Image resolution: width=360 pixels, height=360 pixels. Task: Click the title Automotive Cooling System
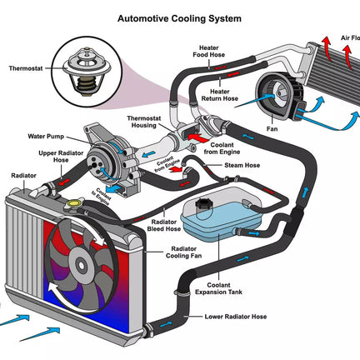click(x=179, y=19)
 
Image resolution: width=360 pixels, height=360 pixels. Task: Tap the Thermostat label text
click(x=26, y=68)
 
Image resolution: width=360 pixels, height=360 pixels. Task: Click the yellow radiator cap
click(x=73, y=203)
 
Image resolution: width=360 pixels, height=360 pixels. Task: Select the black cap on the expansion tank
click(x=204, y=204)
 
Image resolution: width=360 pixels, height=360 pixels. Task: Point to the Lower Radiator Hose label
click(x=236, y=317)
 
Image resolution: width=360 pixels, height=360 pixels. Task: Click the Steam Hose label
click(x=242, y=165)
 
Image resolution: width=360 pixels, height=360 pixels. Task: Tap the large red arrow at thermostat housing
click(x=198, y=137)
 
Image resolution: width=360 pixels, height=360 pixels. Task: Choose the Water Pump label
click(x=46, y=137)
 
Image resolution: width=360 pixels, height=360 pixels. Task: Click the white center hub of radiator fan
click(x=81, y=265)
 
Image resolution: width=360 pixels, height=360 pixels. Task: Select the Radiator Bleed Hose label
click(x=163, y=226)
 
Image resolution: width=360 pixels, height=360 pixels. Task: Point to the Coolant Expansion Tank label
click(x=218, y=288)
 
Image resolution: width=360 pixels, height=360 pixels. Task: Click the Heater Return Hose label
click(x=220, y=95)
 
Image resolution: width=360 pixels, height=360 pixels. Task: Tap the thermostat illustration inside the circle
click(x=87, y=72)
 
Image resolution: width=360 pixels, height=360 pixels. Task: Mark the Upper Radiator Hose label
click(x=61, y=157)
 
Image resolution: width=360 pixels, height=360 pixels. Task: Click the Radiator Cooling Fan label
click(x=183, y=252)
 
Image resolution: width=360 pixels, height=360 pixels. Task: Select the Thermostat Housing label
click(x=143, y=122)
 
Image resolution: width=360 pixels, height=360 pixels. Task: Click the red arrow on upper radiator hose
click(x=64, y=182)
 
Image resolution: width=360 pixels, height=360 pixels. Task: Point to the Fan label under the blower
click(x=272, y=129)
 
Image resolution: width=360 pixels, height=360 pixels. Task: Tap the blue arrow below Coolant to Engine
click(x=114, y=189)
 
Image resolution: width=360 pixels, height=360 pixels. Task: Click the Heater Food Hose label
click(x=209, y=52)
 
